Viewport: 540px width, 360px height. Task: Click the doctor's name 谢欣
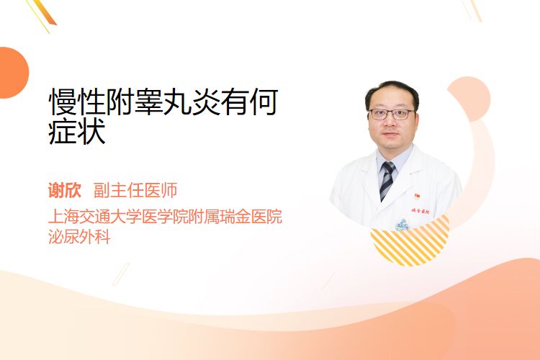65,190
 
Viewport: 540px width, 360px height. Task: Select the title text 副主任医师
135,190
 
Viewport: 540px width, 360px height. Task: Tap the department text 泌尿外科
79,237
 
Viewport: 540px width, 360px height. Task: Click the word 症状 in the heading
77,132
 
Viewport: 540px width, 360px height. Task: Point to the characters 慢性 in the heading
77,102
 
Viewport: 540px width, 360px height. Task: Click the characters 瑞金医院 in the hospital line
251,217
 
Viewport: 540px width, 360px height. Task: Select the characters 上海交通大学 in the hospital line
95,217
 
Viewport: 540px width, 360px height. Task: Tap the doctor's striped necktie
387,180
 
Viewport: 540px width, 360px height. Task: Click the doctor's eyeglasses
391,114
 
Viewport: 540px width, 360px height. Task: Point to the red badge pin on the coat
417,197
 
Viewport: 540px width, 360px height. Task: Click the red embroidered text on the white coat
420,211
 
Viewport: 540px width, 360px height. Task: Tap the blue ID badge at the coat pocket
402,225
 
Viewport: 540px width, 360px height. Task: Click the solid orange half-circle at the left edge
13,73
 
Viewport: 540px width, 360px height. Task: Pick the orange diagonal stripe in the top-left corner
44,13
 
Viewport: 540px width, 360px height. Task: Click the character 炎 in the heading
206,102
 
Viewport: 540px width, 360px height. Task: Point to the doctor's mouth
390,134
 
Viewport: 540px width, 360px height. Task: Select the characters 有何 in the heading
249,102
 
